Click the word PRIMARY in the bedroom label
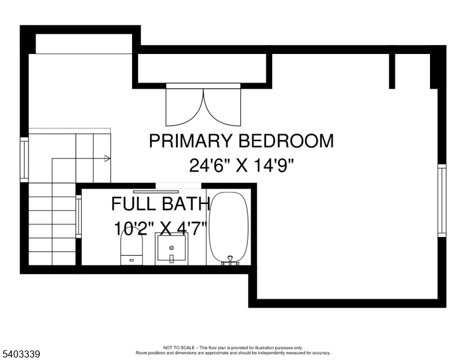(x=191, y=141)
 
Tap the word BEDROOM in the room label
(x=286, y=141)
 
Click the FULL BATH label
(x=160, y=204)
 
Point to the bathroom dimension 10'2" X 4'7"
(x=160, y=229)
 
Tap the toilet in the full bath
(x=132, y=247)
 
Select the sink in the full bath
(x=172, y=248)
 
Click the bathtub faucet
(x=230, y=260)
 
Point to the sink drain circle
(x=172, y=247)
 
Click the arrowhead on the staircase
(x=107, y=158)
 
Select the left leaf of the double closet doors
(x=184, y=107)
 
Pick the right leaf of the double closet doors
(x=222, y=107)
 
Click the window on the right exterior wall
(x=442, y=200)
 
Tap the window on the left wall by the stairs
(x=25, y=160)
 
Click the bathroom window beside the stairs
(x=79, y=216)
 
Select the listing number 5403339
(x=20, y=354)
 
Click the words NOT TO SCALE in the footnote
(x=179, y=347)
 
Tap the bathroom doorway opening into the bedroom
(x=178, y=186)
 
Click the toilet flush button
(x=132, y=260)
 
